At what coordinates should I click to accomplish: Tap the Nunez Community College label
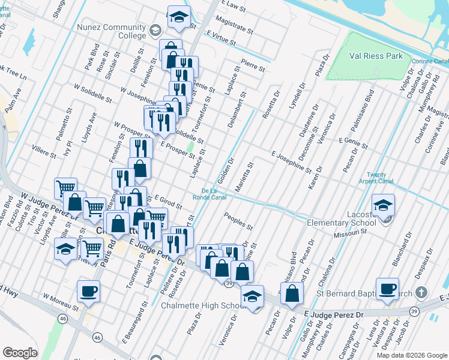point(111,31)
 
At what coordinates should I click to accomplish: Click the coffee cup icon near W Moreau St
point(88,292)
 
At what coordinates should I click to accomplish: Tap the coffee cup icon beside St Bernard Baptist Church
point(387,289)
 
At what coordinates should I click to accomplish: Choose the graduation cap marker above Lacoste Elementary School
point(383,205)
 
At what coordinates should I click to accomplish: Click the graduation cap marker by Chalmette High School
point(252,296)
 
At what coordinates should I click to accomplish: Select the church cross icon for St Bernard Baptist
point(421,293)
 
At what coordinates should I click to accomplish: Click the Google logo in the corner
point(20,353)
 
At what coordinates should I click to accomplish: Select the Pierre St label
point(253,65)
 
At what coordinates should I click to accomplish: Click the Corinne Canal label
point(430,61)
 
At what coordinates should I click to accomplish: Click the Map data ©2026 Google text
point(411,355)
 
